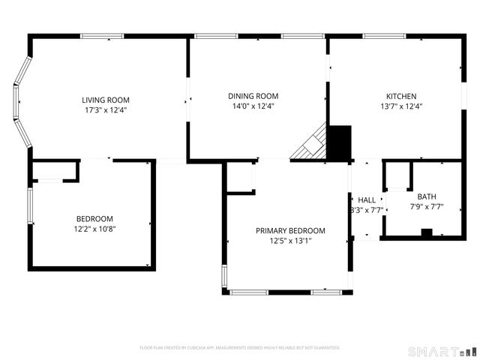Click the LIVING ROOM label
pyautogui.click(x=106, y=100)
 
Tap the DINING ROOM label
pyautogui.click(x=253, y=96)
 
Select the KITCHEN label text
pyautogui.click(x=401, y=96)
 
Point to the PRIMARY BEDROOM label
pyautogui.click(x=290, y=231)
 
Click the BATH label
pyautogui.click(x=426, y=196)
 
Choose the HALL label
pyautogui.click(x=367, y=199)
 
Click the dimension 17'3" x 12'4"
pyautogui.click(x=106, y=110)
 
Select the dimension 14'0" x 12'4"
pyautogui.click(x=253, y=106)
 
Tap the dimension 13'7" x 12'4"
pyautogui.click(x=401, y=106)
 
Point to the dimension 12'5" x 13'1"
pyautogui.click(x=290, y=241)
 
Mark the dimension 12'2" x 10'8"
pyautogui.click(x=94, y=229)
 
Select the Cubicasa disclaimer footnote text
pyautogui.click(x=240, y=348)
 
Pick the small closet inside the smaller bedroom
pyautogui.click(x=55, y=172)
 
